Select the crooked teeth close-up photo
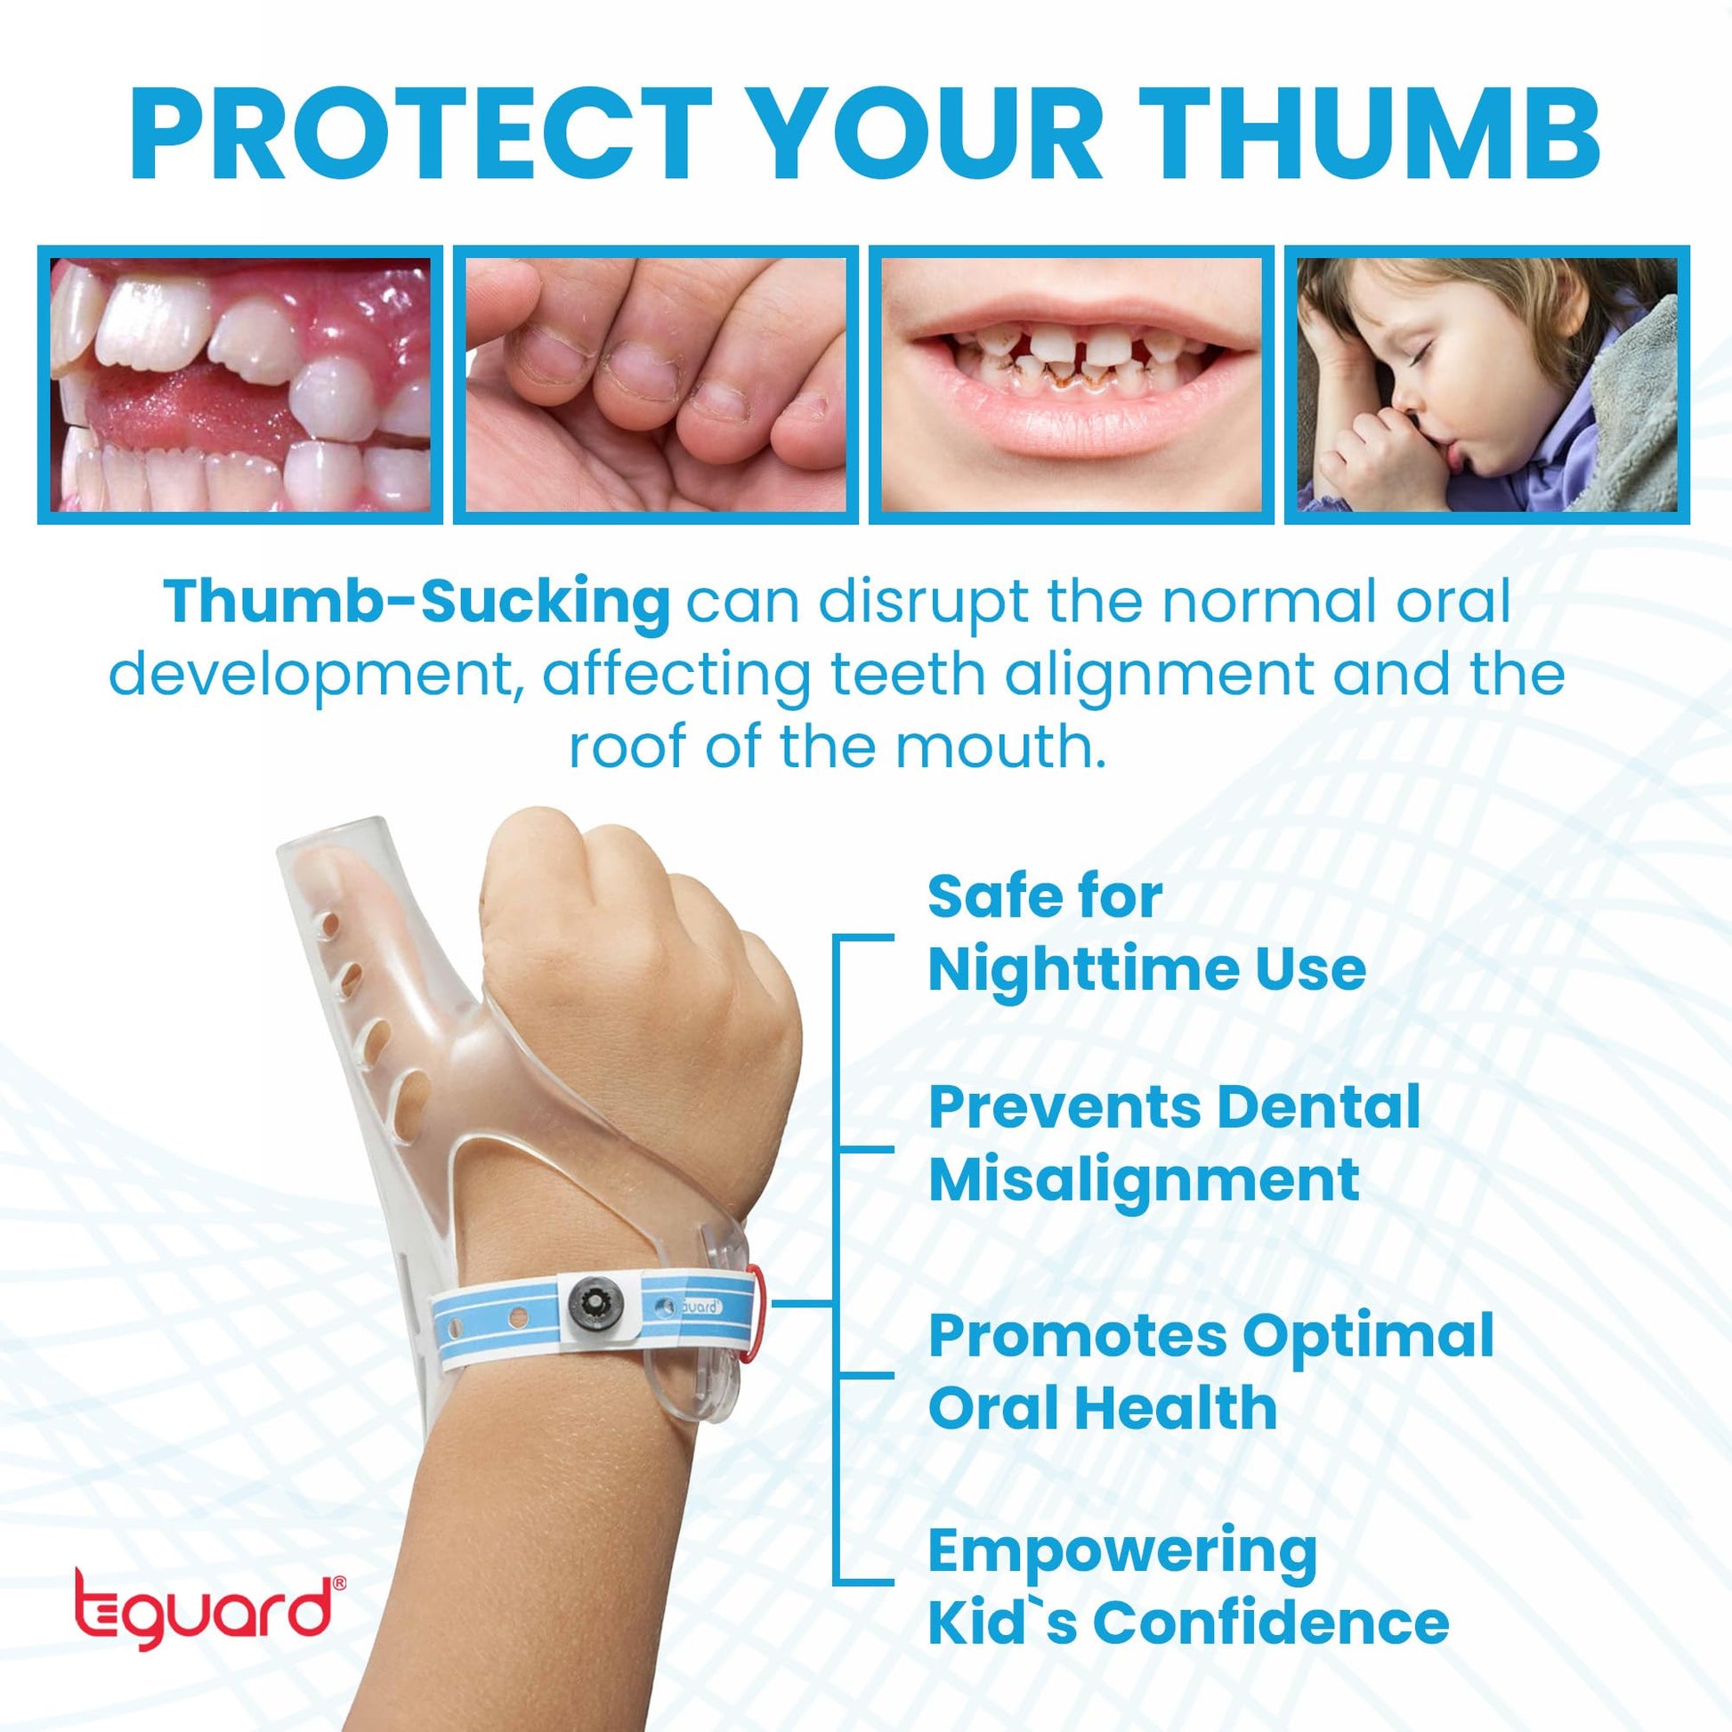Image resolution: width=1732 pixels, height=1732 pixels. (240, 384)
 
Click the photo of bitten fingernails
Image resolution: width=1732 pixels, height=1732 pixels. (655, 384)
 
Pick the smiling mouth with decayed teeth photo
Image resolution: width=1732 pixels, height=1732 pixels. (1072, 384)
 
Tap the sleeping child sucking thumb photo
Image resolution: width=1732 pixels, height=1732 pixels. (1487, 384)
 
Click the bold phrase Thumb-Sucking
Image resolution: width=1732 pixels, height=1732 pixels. (416, 603)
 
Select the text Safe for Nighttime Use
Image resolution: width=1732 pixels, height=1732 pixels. (1146, 933)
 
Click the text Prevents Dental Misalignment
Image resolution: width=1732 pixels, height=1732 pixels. (1174, 1142)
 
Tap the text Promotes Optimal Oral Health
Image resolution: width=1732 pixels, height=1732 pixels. (1210, 1371)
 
